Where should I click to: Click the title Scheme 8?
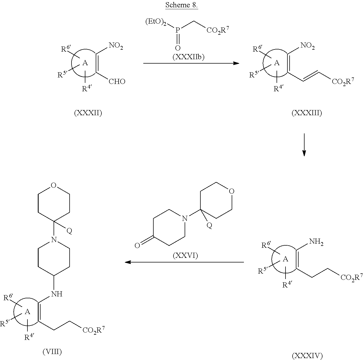[x=182, y=5]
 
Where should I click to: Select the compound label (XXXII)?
[x=88, y=113]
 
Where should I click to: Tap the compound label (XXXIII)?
[x=307, y=113]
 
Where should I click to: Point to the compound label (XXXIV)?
[x=307, y=356]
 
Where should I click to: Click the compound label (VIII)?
[x=52, y=352]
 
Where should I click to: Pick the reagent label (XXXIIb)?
[x=188, y=57]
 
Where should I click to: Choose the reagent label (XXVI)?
[x=185, y=255]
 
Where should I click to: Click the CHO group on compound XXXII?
[x=117, y=82]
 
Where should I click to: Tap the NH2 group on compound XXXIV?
[x=316, y=242]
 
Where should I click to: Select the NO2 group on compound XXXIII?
[x=308, y=46]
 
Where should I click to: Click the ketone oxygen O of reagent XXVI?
[x=137, y=246]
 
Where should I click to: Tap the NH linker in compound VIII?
[x=57, y=294]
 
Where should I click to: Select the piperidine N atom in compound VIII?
[x=54, y=240]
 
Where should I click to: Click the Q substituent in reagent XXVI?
[x=209, y=225]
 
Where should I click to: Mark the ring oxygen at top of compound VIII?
[x=54, y=185]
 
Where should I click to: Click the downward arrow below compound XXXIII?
[x=304, y=145]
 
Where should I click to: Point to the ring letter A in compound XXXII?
[x=85, y=63]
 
